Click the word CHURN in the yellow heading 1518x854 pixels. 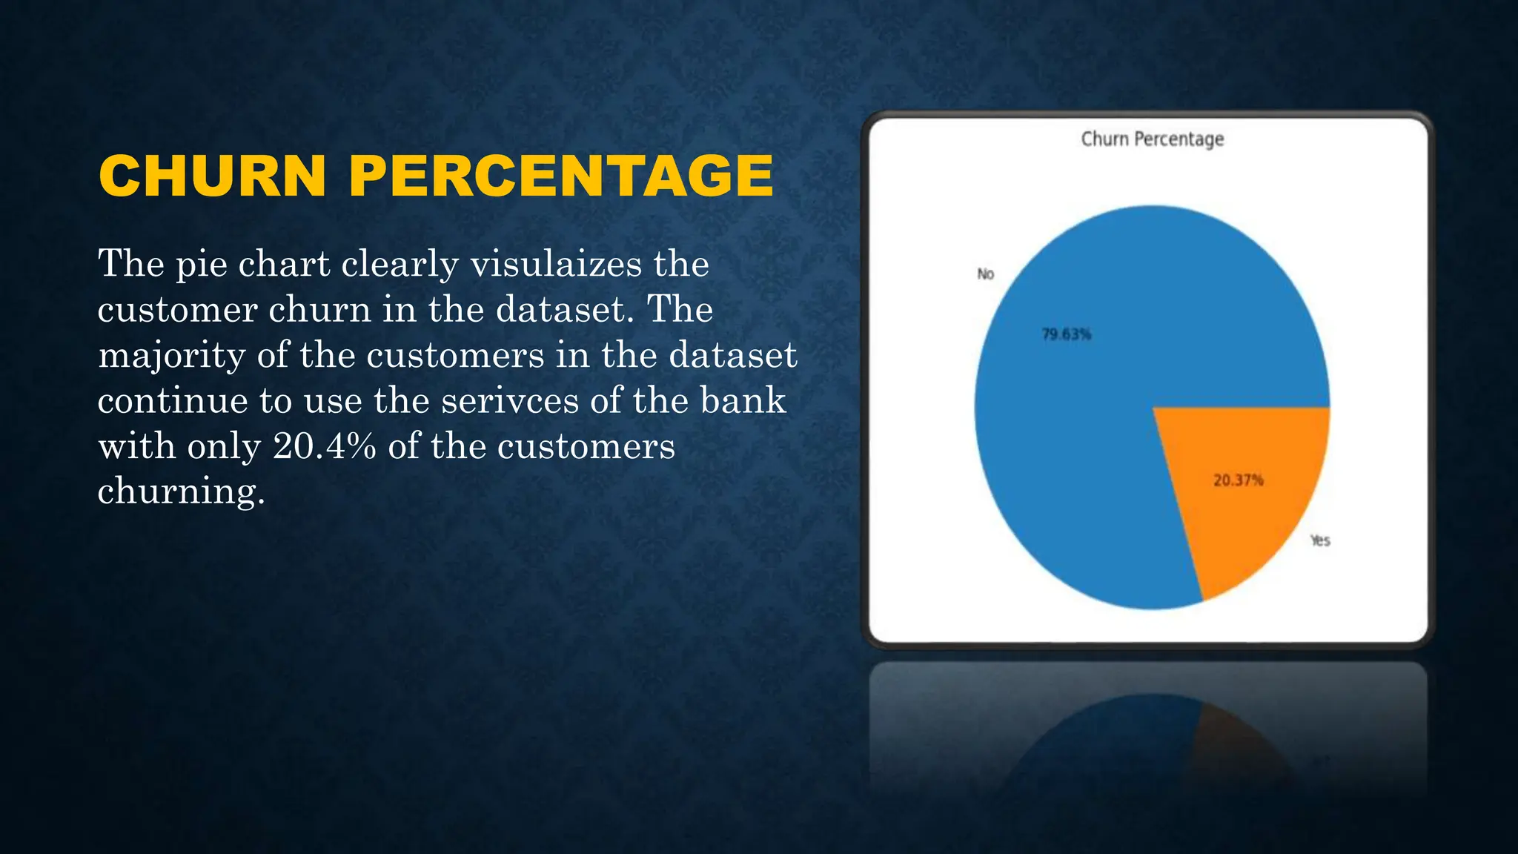pyautogui.click(x=212, y=176)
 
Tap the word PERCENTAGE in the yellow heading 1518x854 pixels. pyautogui.click(x=561, y=176)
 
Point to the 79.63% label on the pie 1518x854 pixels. pyautogui.click(x=1067, y=334)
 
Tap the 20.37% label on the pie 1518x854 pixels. pyautogui.click(x=1238, y=480)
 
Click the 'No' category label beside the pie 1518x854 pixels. pyautogui.click(x=985, y=274)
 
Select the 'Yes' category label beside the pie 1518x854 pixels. pyautogui.click(x=1320, y=540)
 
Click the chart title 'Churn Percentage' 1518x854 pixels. pyautogui.click(x=1152, y=139)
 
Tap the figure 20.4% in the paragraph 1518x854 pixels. pyautogui.click(x=325, y=446)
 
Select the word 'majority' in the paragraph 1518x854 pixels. pyautogui.click(x=171, y=356)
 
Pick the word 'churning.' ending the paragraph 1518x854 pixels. pyautogui.click(x=181, y=492)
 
